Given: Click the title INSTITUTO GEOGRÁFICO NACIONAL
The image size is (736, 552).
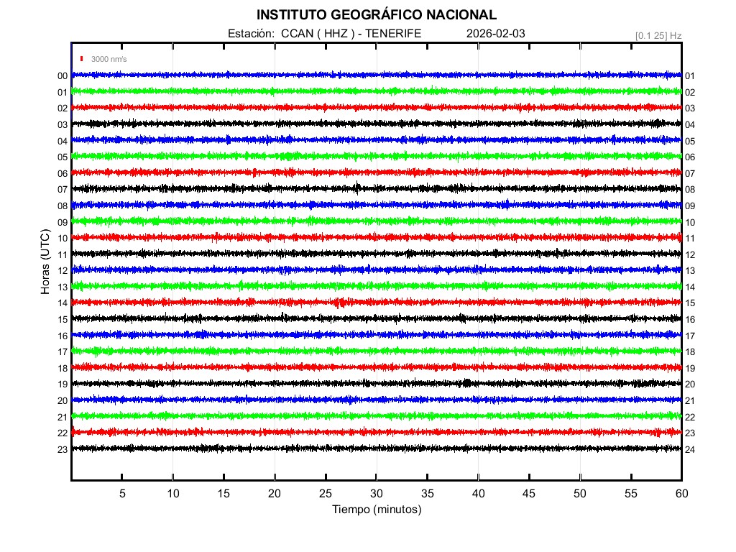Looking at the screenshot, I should click(376, 15).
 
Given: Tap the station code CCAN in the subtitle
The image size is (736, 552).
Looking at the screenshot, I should click(295, 33).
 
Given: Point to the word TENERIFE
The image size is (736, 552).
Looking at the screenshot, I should click(394, 33).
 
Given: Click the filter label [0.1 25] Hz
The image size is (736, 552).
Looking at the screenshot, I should click(658, 34).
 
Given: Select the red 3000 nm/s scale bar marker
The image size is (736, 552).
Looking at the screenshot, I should click(83, 59).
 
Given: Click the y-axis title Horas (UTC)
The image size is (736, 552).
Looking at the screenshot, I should click(45, 262).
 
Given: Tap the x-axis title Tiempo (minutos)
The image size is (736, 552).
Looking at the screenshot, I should click(377, 510).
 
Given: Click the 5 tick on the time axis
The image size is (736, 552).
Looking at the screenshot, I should click(122, 494).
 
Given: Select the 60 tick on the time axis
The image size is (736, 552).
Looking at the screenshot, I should click(681, 494).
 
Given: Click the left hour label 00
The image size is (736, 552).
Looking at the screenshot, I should click(63, 76).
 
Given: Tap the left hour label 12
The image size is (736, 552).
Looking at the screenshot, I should click(63, 271).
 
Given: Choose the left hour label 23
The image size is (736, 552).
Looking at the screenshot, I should click(63, 449).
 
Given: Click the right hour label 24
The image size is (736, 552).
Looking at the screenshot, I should click(690, 449).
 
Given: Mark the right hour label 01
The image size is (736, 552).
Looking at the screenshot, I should click(690, 76).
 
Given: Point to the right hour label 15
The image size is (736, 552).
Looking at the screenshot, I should click(690, 303).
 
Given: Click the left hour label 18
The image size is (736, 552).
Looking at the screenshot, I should click(63, 368).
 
